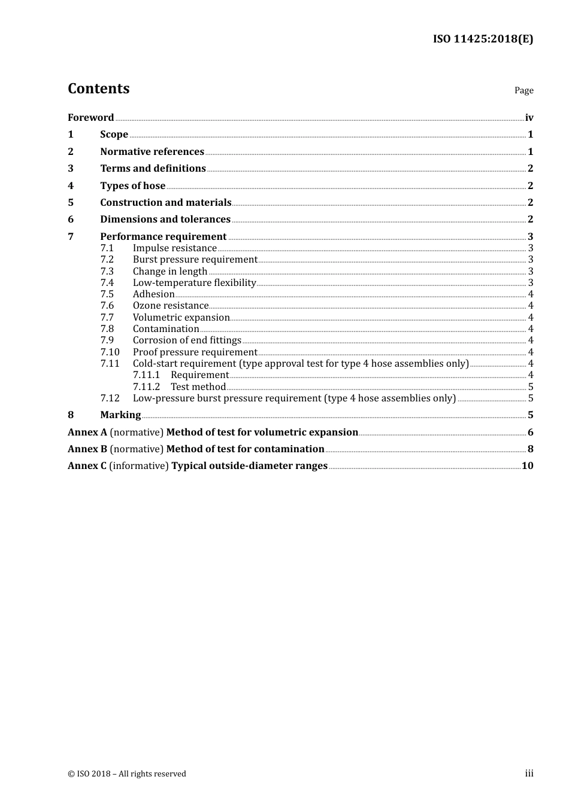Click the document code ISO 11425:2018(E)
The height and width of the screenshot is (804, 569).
click(483, 39)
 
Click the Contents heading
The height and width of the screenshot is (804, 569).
click(98, 89)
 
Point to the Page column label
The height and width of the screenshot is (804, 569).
click(523, 90)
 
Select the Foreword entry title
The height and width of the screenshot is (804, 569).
click(90, 117)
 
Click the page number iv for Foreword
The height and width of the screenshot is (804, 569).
click(529, 117)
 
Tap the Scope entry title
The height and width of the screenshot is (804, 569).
click(114, 135)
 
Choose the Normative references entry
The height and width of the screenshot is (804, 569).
click(152, 151)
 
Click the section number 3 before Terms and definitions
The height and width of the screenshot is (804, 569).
click(71, 169)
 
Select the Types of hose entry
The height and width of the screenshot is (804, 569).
click(132, 185)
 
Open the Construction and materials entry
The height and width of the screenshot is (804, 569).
click(165, 202)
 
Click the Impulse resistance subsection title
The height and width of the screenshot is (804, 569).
click(174, 248)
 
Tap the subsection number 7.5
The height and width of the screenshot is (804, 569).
click(107, 294)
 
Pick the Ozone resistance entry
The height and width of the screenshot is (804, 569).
click(170, 306)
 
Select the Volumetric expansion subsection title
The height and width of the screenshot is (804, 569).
click(181, 318)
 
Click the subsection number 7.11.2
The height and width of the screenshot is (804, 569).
click(146, 386)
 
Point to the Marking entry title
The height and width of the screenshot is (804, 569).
click(120, 415)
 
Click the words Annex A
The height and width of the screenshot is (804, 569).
click(87, 432)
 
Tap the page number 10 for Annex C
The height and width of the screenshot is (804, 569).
click(527, 466)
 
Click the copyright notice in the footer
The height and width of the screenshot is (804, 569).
click(127, 773)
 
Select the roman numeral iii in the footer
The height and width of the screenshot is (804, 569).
click(529, 773)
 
